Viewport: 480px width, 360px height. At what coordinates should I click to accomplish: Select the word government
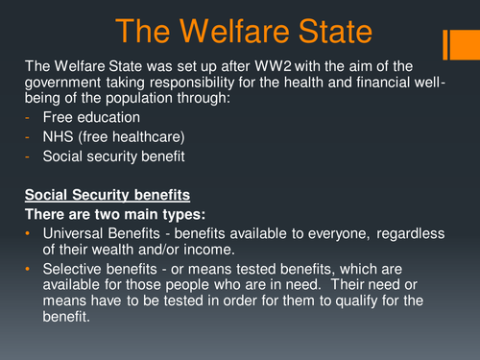[x=66, y=82]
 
